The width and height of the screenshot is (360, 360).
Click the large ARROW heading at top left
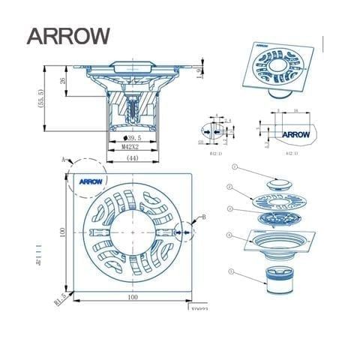pos(67,35)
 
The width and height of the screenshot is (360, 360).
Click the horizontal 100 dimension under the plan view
pos(132,298)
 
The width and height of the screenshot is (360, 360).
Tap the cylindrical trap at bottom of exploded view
pos(278,284)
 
